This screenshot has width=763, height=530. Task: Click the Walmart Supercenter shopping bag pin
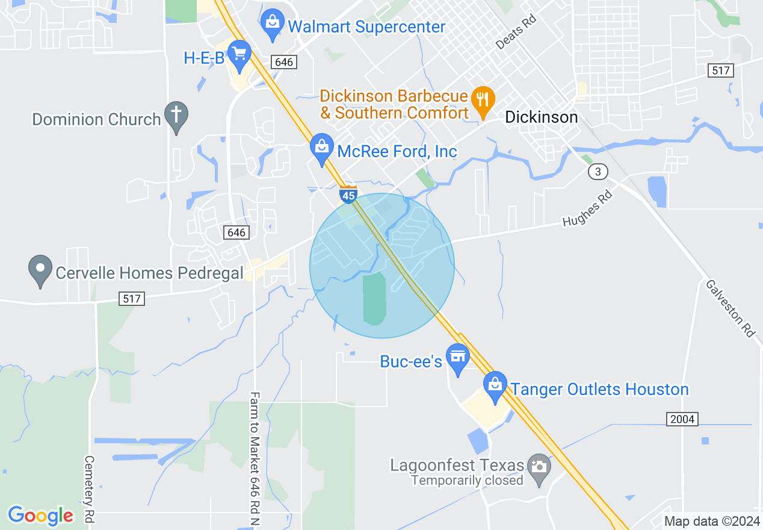(273, 24)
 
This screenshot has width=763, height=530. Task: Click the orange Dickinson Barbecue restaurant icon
(483, 99)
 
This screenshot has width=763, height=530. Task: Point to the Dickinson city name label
(542, 117)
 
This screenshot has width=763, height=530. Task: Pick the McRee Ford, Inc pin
(322, 148)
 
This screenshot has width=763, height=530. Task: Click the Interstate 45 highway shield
(348, 195)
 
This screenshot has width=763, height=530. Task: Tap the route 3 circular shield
(597, 172)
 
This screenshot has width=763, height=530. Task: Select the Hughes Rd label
(587, 208)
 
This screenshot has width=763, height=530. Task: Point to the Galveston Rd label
(730, 308)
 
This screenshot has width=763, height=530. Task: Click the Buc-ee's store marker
(458, 358)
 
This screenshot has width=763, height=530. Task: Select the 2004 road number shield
(682, 419)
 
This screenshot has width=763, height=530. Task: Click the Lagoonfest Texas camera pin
(539, 468)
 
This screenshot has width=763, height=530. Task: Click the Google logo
(41, 516)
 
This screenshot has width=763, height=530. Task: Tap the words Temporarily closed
(467, 481)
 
